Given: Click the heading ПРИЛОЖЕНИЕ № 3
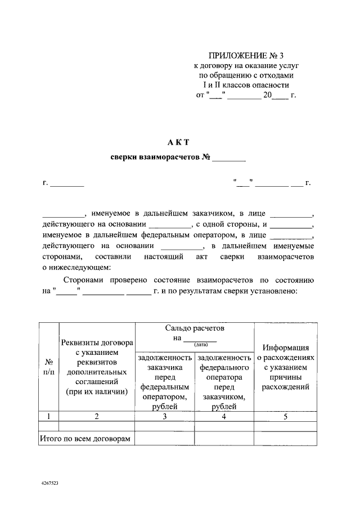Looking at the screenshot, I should [245, 56].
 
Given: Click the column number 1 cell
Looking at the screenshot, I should [49, 416].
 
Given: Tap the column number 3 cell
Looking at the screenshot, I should [165, 416].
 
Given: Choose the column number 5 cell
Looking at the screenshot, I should [286, 416].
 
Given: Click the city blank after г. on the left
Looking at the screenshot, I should [67, 183].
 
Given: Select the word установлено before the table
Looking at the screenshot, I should [277, 291].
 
